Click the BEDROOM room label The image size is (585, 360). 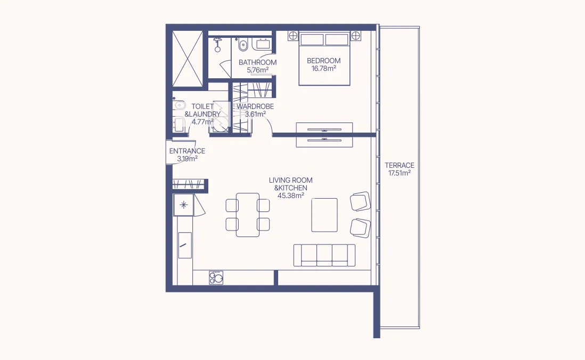tap(324, 61)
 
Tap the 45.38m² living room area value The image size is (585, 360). tap(290, 195)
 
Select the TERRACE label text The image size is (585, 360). tap(399, 165)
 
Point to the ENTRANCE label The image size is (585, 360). tap(187, 151)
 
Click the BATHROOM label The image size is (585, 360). tap(257, 62)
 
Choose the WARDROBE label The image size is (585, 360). tap(255, 107)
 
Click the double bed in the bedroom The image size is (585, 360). tap(324, 59)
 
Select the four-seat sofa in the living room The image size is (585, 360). tap(324, 255)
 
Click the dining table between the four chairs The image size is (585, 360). tap(248, 214)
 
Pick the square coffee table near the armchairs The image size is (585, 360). tap(324, 215)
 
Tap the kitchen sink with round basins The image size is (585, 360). tap(216, 277)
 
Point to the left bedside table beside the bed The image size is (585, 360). tap(292, 36)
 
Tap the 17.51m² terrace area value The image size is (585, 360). tap(399, 173)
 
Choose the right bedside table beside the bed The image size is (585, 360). tap(356, 36)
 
